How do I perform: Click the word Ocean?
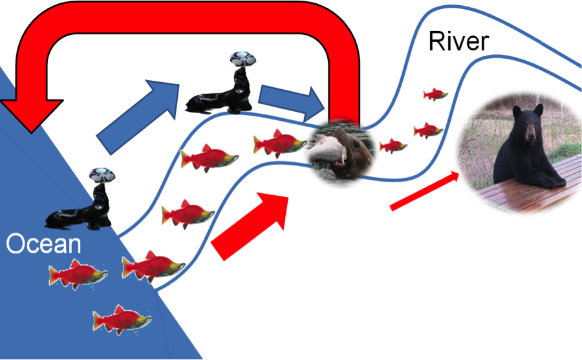point(43,245)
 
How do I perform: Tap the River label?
point(458,42)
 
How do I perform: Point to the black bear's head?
point(526,123)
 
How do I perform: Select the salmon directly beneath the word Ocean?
point(76,275)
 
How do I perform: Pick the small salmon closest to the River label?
point(435,94)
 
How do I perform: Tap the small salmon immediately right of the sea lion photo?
point(392,145)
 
